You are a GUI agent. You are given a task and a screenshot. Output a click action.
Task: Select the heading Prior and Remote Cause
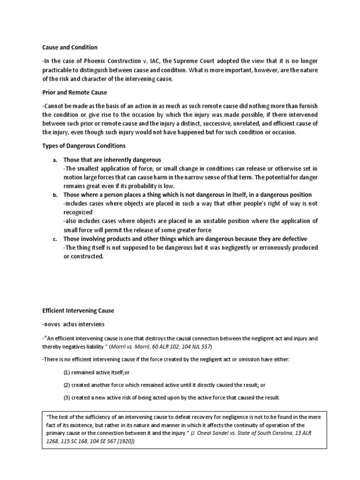tap(75, 92)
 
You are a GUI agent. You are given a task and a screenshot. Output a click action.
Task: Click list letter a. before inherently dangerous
tap(55, 160)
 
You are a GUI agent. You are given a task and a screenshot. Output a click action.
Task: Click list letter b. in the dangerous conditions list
tap(55, 195)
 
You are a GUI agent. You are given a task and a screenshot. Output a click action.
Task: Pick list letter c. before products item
tap(55, 239)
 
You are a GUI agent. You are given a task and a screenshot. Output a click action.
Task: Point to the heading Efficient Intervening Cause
tap(78, 310)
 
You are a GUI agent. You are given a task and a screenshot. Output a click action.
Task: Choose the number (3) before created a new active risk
tap(67, 397)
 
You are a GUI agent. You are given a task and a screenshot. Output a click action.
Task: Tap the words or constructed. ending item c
tap(83, 256)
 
